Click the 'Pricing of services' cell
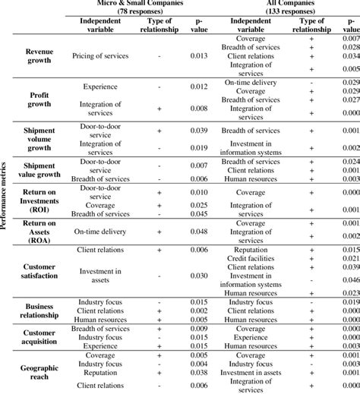tap(100, 56)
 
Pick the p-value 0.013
tap(200, 56)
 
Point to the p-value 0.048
tap(200, 230)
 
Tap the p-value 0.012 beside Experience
tap(200, 87)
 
